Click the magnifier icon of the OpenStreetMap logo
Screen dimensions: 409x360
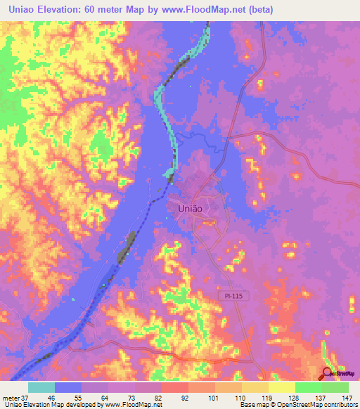[327, 373]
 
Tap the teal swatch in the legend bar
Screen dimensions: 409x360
[41, 387]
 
